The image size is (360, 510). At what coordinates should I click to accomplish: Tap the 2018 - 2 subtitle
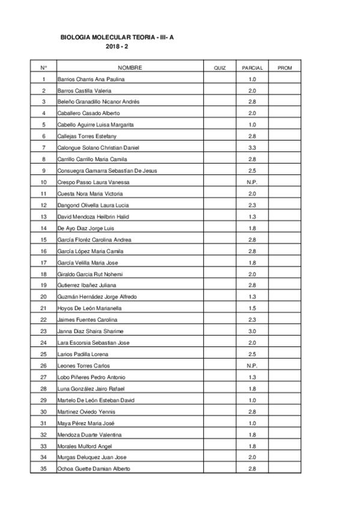[x=122, y=46]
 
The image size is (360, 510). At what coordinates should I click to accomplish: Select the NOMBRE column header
[x=130, y=68]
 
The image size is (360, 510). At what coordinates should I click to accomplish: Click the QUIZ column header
[x=219, y=68]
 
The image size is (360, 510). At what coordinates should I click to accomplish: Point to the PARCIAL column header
[x=252, y=68]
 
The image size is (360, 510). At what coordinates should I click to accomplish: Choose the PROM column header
[x=285, y=68]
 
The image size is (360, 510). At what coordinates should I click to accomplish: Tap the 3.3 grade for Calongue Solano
[x=252, y=148]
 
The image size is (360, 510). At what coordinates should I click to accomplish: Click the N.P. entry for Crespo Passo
[x=252, y=182]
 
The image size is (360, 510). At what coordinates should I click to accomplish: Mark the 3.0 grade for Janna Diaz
[x=252, y=331]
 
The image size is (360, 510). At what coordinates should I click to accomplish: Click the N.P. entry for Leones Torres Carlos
[x=252, y=366]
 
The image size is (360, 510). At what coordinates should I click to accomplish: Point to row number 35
[x=43, y=469]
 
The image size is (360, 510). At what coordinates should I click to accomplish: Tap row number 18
[x=43, y=274]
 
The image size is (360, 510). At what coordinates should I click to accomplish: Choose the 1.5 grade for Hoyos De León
[x=252, y=309]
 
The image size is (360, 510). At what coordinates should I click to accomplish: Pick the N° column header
[x=43, y=68]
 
